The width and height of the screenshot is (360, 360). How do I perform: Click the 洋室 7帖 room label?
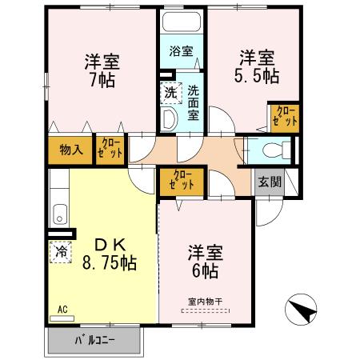102,70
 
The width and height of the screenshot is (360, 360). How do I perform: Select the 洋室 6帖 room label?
206,261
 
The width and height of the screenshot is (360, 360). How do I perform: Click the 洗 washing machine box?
170,92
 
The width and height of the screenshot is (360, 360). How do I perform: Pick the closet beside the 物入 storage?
110,150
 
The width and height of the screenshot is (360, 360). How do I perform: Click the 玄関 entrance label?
269,182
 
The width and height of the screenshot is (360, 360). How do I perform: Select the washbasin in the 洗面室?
168,119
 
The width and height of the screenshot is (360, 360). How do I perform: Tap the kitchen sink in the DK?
58,214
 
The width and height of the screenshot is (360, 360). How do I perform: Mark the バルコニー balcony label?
95,341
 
